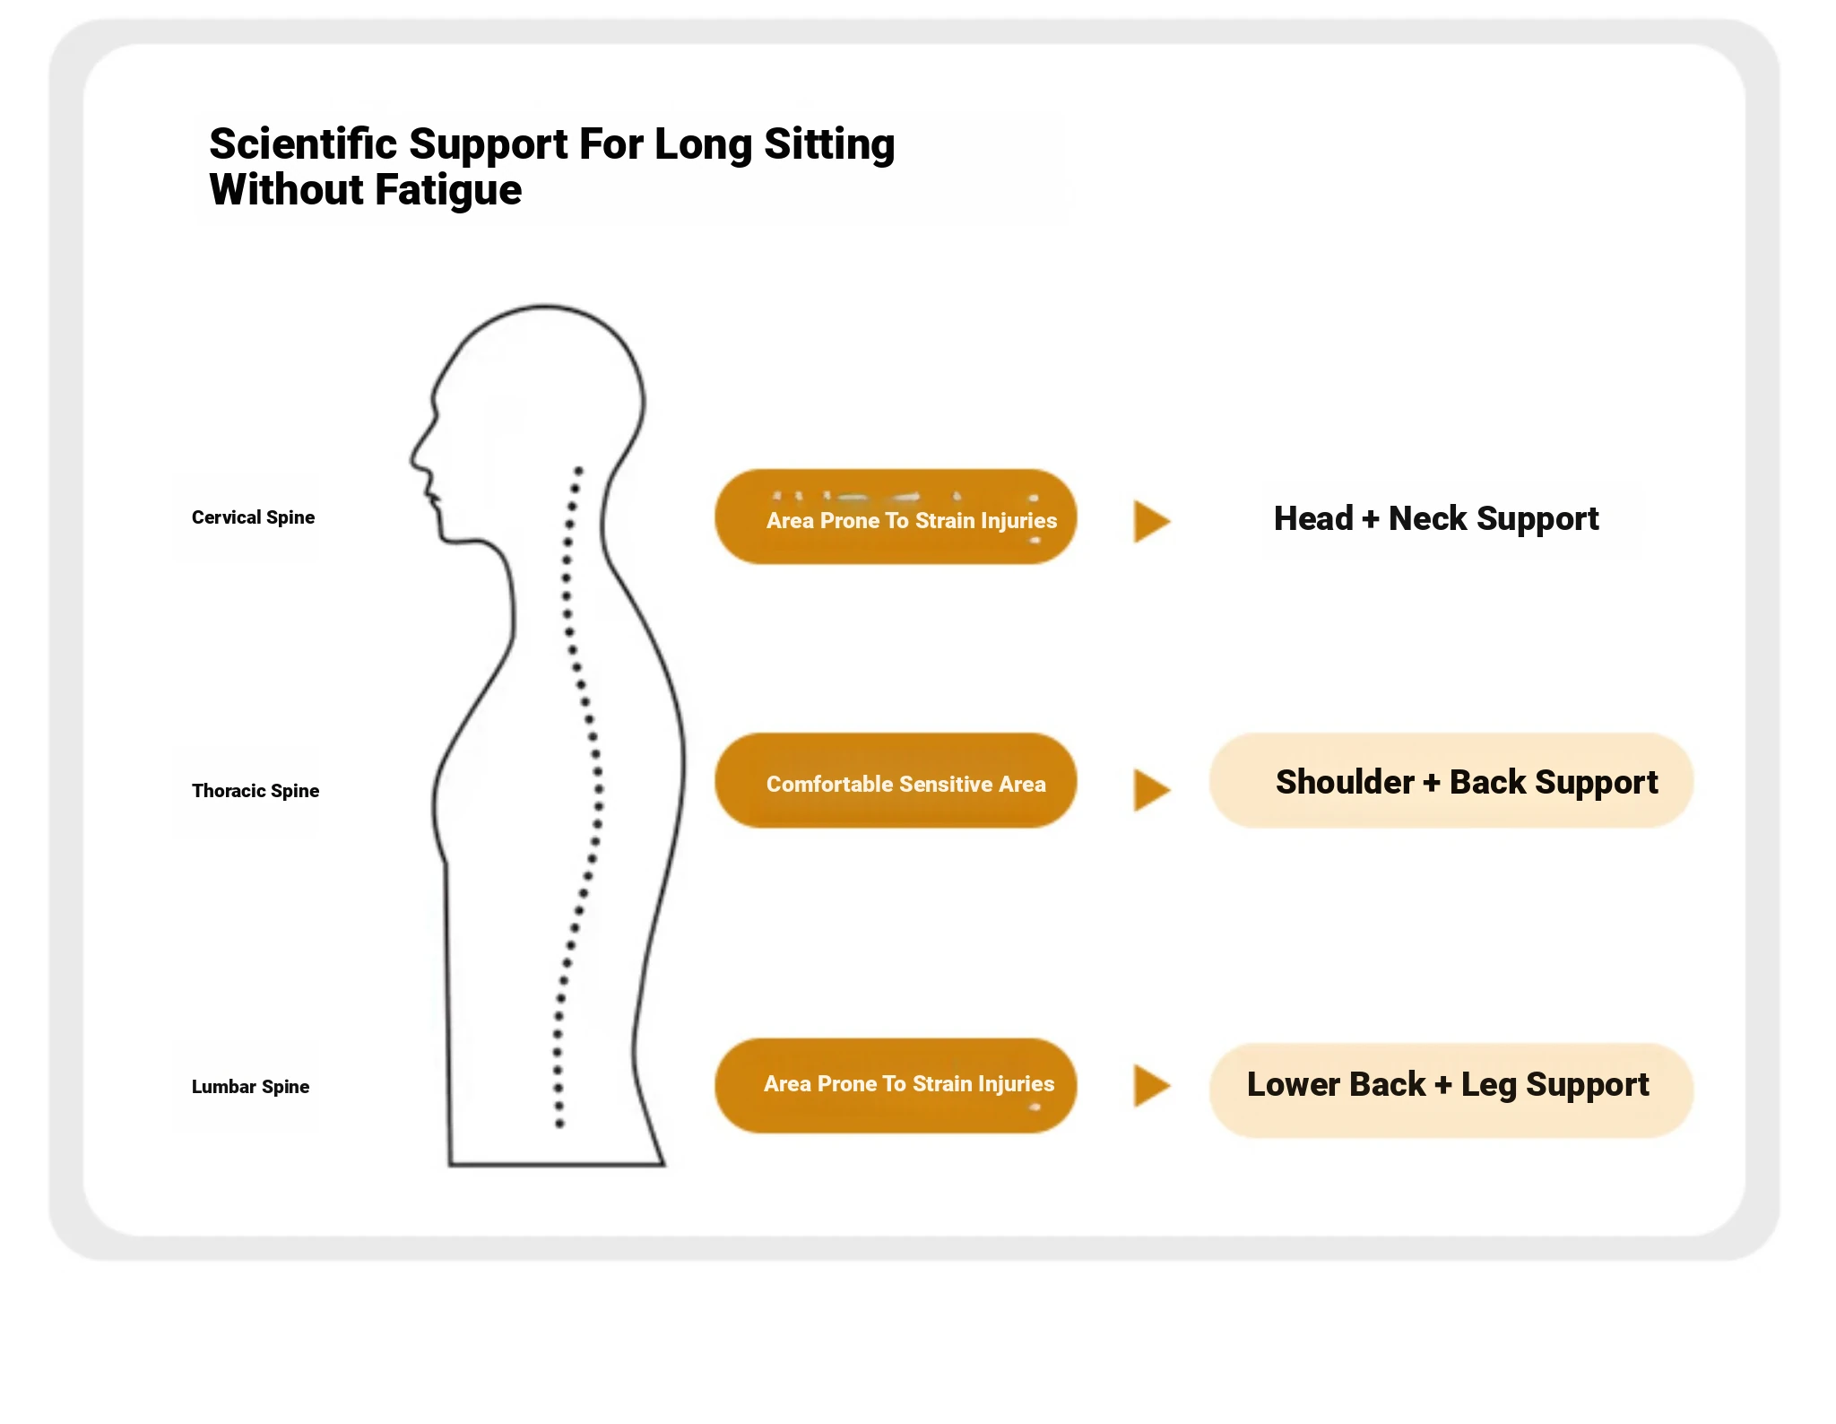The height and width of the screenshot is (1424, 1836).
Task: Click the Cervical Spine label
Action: click(x=253, y=517)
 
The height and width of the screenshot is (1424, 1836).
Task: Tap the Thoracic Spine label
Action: click(x=255, y=791)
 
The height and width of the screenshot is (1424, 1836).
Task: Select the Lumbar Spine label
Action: click(x=250, y=1087)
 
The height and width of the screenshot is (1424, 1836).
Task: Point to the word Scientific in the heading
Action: click(x=302, y=144)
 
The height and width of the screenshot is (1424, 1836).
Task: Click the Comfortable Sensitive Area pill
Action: click(x=896, y=781)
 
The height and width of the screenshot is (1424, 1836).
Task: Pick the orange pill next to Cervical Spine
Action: click(x=896, y=517)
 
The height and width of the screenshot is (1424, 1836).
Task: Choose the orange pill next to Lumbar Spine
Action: click(x=896, y=1086)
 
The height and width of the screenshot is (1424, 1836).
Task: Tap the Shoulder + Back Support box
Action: click(x=1451, y=781)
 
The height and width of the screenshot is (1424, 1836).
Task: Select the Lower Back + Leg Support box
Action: click(x=1451, y=1090)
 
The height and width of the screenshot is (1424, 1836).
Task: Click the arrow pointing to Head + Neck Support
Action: click(x=1151, y=521)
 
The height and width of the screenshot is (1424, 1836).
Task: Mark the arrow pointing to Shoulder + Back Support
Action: click(x=1151, y=790)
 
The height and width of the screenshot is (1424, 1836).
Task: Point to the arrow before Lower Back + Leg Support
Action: click(x=1151, y=1086)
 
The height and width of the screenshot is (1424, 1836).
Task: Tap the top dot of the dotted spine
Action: click(x=579, y=470)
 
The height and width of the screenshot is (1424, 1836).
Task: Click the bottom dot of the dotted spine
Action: click(x=559, y=1124)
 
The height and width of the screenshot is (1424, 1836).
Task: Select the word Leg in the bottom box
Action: click(x=1489, y=1085)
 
